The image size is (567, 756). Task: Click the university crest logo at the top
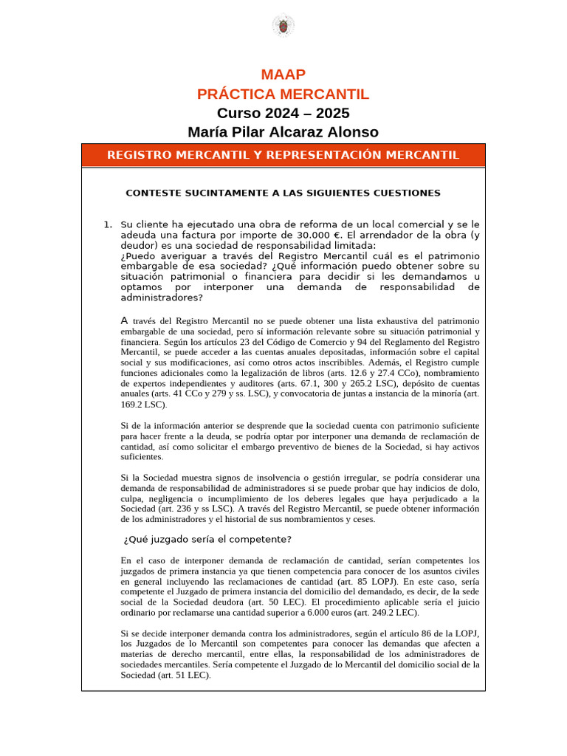click(283, 26)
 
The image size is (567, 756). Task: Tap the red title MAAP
click(283, 75)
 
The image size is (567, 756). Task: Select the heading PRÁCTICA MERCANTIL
click(283, 94)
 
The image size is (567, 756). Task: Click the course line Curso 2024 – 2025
click(283, 113)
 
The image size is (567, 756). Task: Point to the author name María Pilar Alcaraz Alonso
click(283, 132)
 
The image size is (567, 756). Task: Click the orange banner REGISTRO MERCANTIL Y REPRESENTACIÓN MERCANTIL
click(283, 155)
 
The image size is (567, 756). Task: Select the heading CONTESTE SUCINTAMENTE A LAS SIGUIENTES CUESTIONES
click(283, 193)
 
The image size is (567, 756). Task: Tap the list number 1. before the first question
click(108, 224)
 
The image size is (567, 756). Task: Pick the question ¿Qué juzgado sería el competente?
click(207, 539)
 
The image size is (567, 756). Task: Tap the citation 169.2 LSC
click(142, 405)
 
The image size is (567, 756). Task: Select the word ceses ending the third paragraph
click(363, 519)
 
